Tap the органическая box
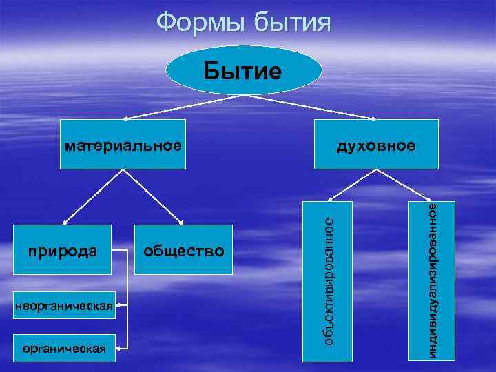pyautogui.click(x=63, y=348)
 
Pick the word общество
pyautogui.click(x=183, y=251)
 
